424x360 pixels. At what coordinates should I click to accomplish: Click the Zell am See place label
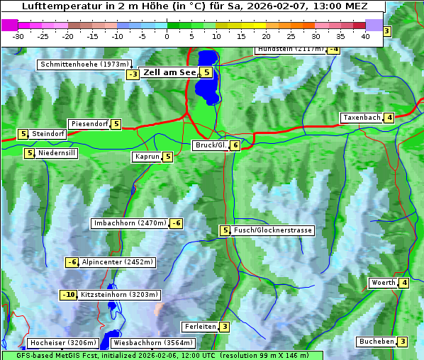coord(169,72)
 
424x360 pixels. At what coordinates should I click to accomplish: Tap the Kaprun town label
coord(147,157)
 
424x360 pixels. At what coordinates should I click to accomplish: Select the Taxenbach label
coord(362,118)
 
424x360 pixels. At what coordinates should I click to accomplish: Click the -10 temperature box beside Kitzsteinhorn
coord(68,295)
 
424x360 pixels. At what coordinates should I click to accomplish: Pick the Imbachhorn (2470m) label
coord(130,224)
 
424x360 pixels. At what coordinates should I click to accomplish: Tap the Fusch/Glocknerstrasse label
coord(273,230)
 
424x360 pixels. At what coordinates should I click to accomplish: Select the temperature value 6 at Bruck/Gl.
coord(235,145)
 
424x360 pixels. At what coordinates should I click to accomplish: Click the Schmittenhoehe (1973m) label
coord(84,64)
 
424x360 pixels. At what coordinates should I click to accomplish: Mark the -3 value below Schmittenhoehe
coord(133,75)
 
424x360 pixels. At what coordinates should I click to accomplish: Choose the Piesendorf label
coord(89,124)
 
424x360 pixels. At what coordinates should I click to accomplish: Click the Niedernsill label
coord(57,153)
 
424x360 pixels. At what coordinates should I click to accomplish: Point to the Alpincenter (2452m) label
coord(117,262)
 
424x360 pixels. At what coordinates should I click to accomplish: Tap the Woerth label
coord(383,283)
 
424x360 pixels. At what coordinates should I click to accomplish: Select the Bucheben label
coord(376,342)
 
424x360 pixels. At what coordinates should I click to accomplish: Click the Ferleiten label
coord(199,327)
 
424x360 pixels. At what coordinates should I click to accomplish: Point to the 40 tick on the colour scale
coord(364,36)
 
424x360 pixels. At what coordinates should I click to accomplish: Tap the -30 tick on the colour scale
coord(18,36)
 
